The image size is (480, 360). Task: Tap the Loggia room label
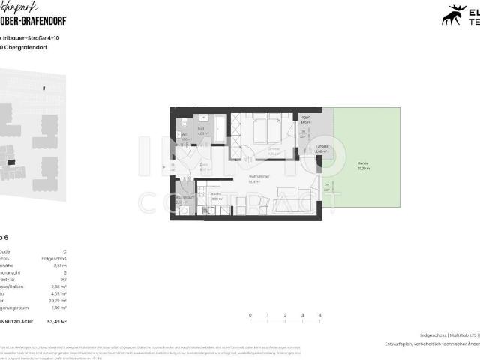click(x=303, y=119)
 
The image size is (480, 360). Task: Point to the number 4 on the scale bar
click(x=319, y=315)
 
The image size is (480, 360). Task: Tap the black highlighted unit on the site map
click(x=10, y=160)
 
